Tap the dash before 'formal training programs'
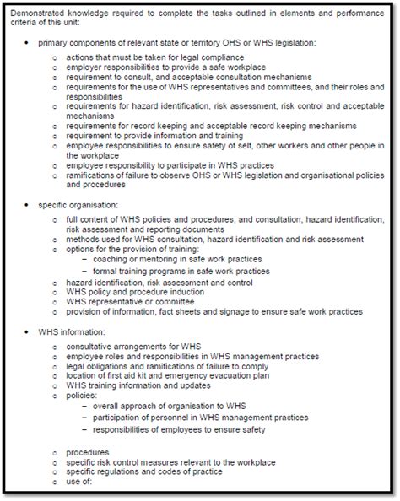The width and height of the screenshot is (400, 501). tap(86, 272)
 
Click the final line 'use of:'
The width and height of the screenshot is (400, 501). tap(78, 482)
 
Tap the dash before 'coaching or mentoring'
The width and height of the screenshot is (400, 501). tap(86, 260)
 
